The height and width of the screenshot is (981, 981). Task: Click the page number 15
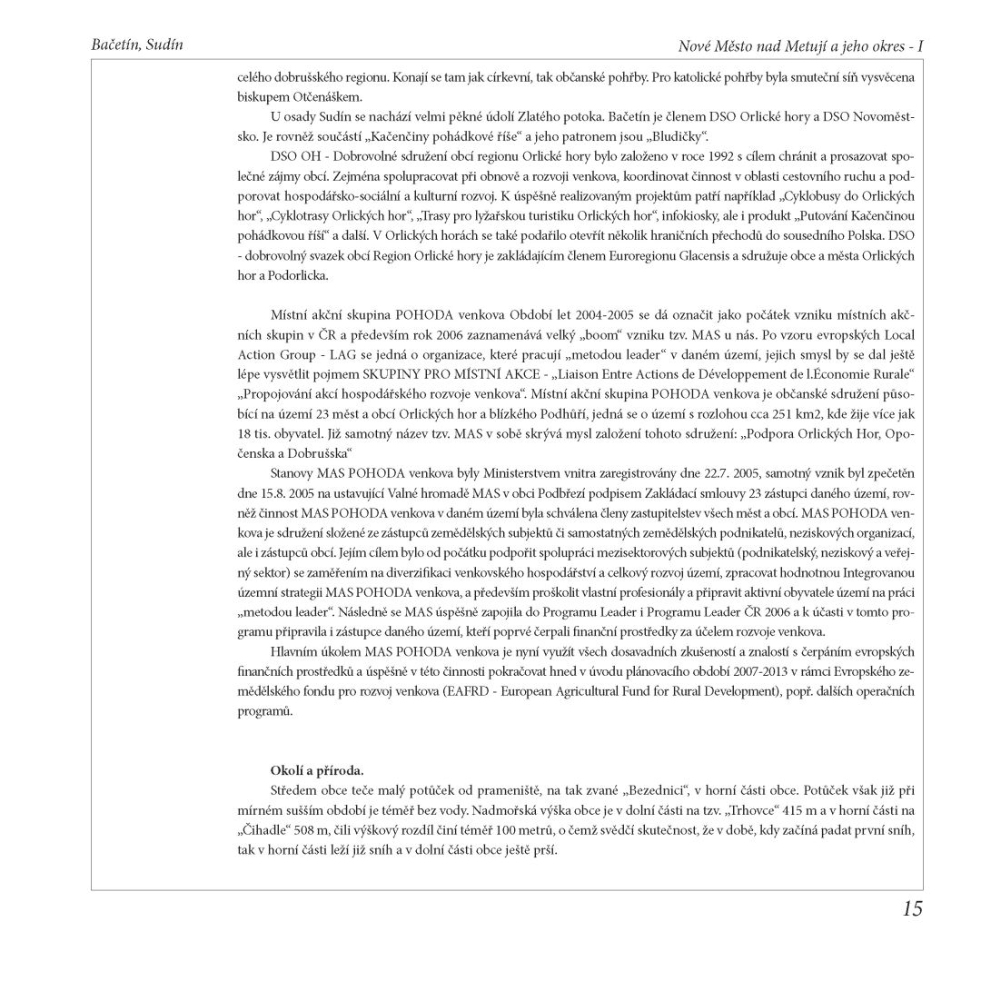click(x=912, y=908)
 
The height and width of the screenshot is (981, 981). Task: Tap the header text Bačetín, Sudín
click(x=132, y=45)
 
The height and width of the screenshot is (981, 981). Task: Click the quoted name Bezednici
click(x=658, y=790)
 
